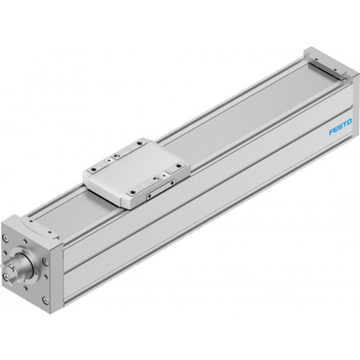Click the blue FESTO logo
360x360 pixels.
340,127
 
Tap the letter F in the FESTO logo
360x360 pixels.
332,131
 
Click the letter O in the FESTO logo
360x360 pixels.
349,122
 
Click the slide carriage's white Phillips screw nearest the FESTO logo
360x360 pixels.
164,176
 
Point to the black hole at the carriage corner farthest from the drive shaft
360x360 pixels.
139,143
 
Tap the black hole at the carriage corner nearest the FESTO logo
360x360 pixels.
178,166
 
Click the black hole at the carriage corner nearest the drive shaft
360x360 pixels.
132,192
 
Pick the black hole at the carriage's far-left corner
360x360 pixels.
93,170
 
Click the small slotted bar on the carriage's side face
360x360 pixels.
160,190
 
